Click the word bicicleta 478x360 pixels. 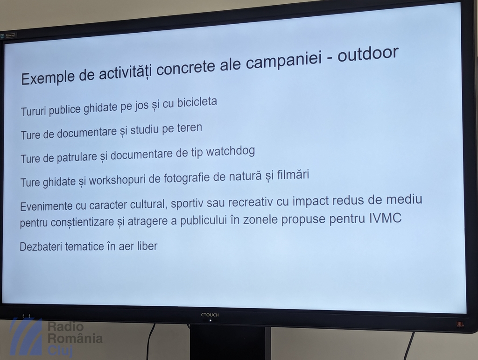tap(197, 102)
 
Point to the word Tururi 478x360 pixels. tap(34, 111)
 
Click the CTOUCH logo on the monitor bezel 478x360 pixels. tap(210, 315)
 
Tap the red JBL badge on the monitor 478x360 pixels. tap(460, 324)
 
